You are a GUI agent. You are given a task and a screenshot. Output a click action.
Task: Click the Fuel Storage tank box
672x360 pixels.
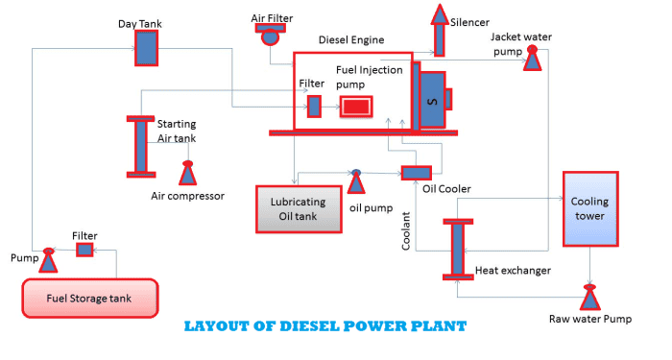[x=89, y=297]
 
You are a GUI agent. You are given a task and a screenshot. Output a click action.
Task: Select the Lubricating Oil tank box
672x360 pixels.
[x=299, y=208]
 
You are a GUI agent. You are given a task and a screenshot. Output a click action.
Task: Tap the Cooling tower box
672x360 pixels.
[x=589, y=208]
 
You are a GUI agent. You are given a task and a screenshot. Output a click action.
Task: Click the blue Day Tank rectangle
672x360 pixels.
[x=146, y=48]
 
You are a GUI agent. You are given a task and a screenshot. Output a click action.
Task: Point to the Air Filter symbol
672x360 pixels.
[x=269, y=35]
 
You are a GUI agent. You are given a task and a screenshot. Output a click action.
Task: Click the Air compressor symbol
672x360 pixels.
[x=187, y=173]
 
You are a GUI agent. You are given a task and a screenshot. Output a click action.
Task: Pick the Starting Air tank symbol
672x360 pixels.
[x=140, y=146]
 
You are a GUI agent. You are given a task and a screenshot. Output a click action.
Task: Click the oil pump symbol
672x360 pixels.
[x=355, y=180]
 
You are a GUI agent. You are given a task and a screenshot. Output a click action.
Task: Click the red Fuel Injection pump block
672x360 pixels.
[x=355, y=107]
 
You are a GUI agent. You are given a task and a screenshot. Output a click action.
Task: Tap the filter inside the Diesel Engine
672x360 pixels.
[x=313, y=106]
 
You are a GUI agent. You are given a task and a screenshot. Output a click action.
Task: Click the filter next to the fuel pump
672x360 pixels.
[x=84, y=250]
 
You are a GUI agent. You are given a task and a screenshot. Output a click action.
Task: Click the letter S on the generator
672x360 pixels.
[x=432, y=100]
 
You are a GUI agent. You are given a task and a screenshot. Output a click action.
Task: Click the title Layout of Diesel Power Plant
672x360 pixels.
[x=324, y=326]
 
